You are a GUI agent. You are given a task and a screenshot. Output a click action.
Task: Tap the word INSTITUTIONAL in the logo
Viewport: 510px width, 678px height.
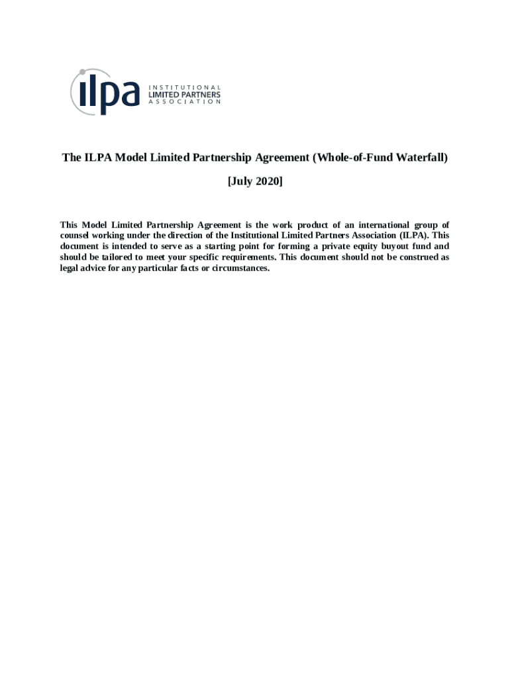pyautogui.click(x=183, y=87)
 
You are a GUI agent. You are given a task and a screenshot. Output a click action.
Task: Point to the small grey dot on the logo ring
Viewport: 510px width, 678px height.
pyautogui.click(x=81, y=72)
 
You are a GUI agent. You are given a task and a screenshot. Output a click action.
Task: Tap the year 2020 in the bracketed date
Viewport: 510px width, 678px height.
pyautogui.click(x=268, y=181)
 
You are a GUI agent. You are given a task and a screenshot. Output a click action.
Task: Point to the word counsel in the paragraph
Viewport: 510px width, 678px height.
pyautogui.click(x=76, y=235)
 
